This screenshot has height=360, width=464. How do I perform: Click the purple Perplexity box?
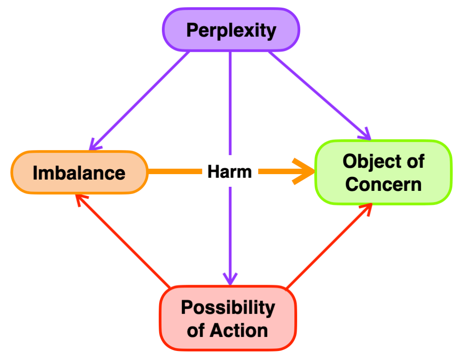[231, 30]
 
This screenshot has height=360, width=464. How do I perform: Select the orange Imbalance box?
[79, 172]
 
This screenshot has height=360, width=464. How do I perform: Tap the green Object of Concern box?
[383, 172]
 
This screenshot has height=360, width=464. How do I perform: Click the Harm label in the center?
[230, 172]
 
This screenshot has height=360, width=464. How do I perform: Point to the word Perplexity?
[231, 30]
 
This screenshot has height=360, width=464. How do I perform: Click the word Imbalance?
[79, 173]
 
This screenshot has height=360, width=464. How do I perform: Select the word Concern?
[383, 184]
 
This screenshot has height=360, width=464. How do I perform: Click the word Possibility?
[228, 307]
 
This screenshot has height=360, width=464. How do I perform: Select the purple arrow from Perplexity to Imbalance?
[141, 100]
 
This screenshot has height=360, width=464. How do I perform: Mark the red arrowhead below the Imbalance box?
[80, 200]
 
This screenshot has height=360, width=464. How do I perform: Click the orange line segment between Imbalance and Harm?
[175, 171]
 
